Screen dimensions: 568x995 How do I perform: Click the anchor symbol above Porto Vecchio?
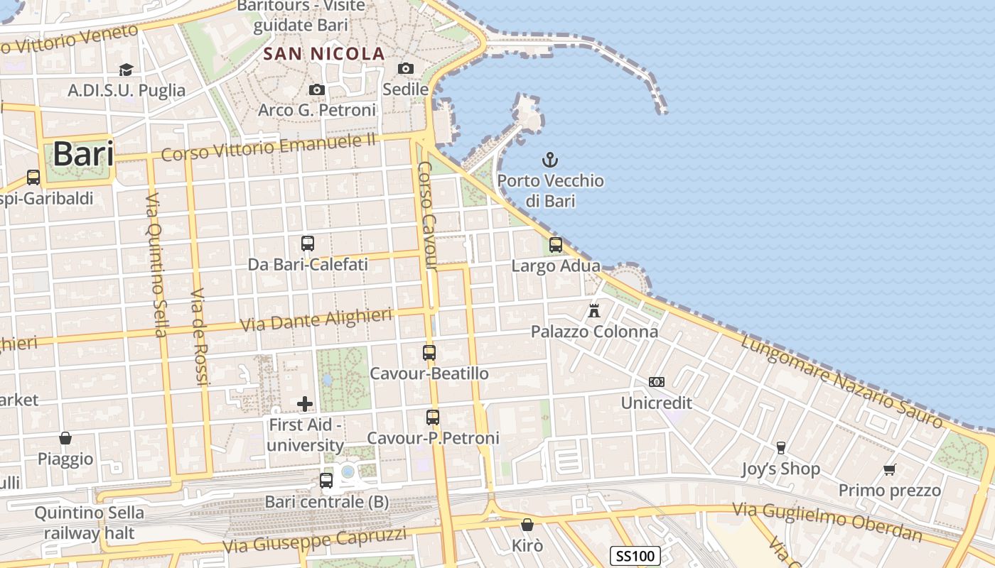(549, 159)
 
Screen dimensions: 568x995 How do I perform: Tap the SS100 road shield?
(635, 555)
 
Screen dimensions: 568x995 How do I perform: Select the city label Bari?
(83, 153)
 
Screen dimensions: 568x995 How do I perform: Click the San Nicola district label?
(324, 53)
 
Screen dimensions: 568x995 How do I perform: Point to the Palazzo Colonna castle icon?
(594, 310)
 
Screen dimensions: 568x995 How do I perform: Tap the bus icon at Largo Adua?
(556, 245)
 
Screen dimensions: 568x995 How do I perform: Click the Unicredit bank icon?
(657, 382)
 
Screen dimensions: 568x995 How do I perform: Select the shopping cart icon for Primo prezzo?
(889, 469)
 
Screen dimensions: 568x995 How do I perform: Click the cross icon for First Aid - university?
(305, 404)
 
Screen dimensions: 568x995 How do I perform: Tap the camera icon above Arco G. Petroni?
(317, 89)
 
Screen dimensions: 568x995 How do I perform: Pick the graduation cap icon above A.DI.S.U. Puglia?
(126, 70)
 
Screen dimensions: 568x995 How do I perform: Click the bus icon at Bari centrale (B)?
(326, 481)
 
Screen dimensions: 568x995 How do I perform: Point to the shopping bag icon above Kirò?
(527, 525)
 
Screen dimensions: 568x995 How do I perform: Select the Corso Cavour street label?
(426, 216)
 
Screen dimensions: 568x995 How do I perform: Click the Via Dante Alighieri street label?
(316, 320)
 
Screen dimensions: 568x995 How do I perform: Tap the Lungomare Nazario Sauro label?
(841, 382)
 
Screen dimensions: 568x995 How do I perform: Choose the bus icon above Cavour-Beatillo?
(429, 352)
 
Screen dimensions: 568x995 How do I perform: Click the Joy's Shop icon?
(780, 447)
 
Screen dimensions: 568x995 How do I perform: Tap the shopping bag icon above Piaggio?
(65, 438)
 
